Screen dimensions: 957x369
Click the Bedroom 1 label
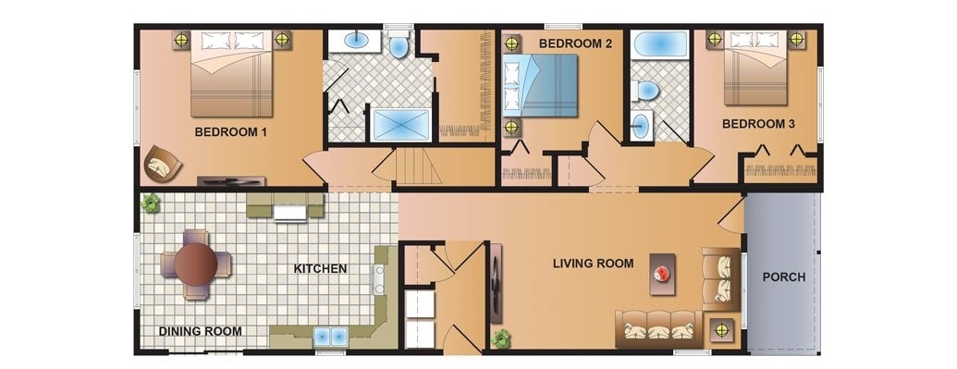[231, 132]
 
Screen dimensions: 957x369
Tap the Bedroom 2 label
[575, 44]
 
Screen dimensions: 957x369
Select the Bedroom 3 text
[758, 124]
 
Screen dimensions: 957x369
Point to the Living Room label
[594, 264]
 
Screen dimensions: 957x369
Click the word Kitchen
[321, 269]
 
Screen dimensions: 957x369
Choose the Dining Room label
[201, 331]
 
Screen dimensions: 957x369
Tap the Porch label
[784, 277]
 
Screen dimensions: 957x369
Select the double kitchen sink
[329, 337]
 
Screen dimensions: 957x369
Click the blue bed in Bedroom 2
[540, 85]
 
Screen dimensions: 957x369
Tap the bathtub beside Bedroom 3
[660, 45]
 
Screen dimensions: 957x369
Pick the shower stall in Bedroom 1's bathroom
[400, 125]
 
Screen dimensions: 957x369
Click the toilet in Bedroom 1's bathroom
[399, 45]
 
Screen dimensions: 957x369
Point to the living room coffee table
[662, 275]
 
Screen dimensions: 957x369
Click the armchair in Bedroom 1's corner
[163, 163]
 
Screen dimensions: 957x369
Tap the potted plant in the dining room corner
[150, 203]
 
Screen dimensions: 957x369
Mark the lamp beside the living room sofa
[722, 330]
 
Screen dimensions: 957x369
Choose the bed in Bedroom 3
[755, 68]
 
